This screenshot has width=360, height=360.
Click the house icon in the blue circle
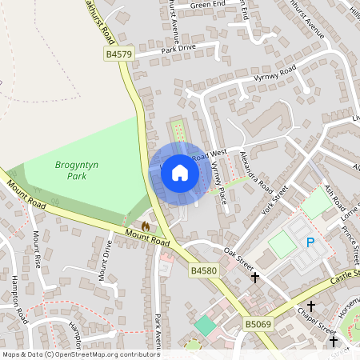pos(180,172)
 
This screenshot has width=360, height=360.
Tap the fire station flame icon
pos(145,226)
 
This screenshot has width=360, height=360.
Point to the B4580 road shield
pos(204,271)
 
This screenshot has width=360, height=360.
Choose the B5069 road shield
pos(258,324)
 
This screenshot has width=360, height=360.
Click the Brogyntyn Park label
pos(76,169)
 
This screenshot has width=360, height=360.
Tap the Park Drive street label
pos(178,50)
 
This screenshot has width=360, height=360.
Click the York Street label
pos(275,202)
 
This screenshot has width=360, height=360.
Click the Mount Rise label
pos(37,249)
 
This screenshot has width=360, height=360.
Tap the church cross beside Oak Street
pos(255,278)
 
